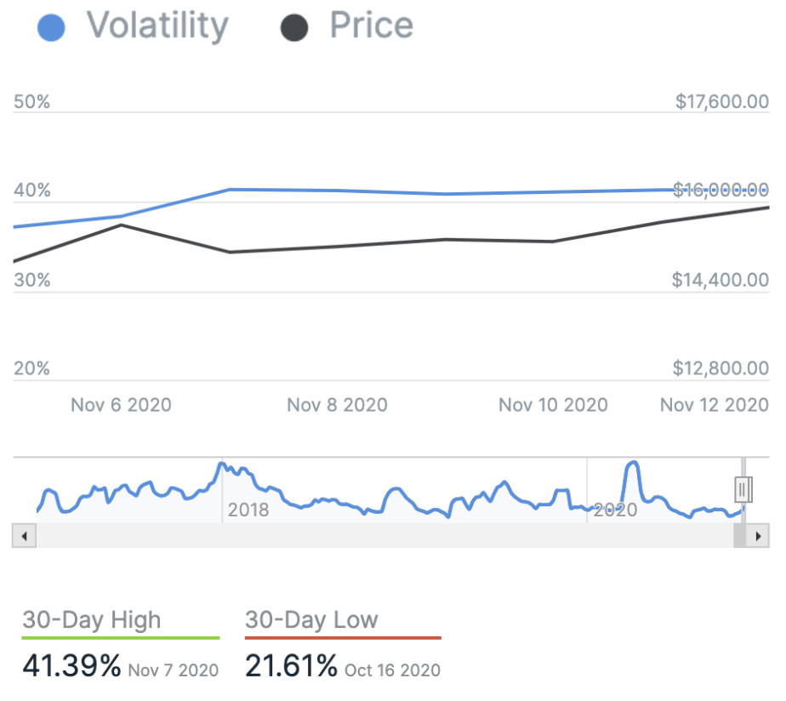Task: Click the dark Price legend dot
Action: coord(293,27)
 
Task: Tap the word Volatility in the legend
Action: coord(157,26)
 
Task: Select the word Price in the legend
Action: coord(371,26)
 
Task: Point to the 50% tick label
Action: coord(32,102)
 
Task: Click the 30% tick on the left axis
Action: coord(32,280)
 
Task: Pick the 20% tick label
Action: coord(32,368)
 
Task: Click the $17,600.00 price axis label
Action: coord(721,102)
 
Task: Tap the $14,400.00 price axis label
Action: coord(721,280)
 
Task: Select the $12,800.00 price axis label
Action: coord(721,368)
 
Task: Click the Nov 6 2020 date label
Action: coord(121,404)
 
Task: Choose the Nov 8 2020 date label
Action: coord(337,404)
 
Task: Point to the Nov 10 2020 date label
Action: coord(553,404)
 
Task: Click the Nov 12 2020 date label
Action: coord(715,404)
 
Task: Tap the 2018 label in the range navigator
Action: coord(248,510)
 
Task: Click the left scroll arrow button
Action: coord(23,536)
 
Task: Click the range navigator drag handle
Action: coord(743,489)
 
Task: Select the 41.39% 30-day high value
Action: coord(71,665)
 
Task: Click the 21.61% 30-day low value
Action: coord(291,665)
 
